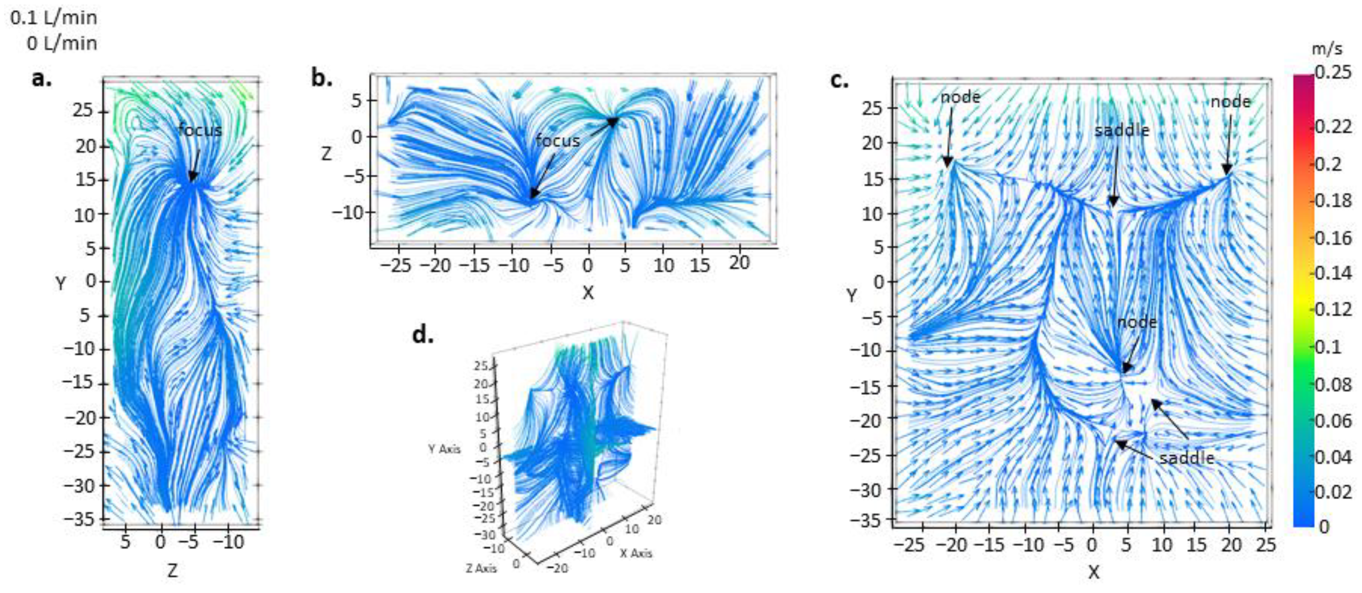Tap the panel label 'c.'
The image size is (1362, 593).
coord(840,81)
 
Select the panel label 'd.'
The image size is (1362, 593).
coord(422,335)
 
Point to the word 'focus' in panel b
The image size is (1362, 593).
coord(557,141)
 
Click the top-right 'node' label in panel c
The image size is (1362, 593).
coord(1230,101)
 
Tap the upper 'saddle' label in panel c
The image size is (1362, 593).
coord(1122,130)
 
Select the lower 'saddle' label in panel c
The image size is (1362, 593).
coord(1186,458)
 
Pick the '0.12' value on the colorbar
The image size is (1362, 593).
coord(1333,309)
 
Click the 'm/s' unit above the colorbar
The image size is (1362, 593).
coord(1327,49)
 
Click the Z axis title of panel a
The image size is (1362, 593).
coord(172,571)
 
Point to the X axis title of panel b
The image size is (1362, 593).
coord(588,293)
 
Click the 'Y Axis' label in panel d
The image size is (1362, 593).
coord(444,449)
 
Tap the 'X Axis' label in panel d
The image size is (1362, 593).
coord(636,554)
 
